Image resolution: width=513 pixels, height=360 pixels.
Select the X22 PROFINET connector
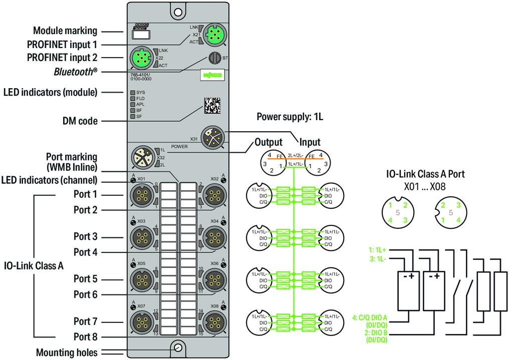[x=142, y=58]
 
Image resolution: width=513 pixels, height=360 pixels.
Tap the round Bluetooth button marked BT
[x=214, y=58]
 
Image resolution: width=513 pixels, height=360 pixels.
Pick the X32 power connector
[x=142, y=157]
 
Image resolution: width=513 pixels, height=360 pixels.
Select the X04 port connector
[x=213, y=236]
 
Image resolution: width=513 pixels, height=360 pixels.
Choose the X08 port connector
[x=213, y=321]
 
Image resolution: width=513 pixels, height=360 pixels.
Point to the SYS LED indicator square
[x=133, y=93]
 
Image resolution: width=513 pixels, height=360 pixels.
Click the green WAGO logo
[x=212, y=75]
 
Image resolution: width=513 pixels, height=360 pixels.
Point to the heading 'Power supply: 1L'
[x=290, y=117]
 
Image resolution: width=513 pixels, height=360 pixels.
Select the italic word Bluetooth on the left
[x=75, y=72]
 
